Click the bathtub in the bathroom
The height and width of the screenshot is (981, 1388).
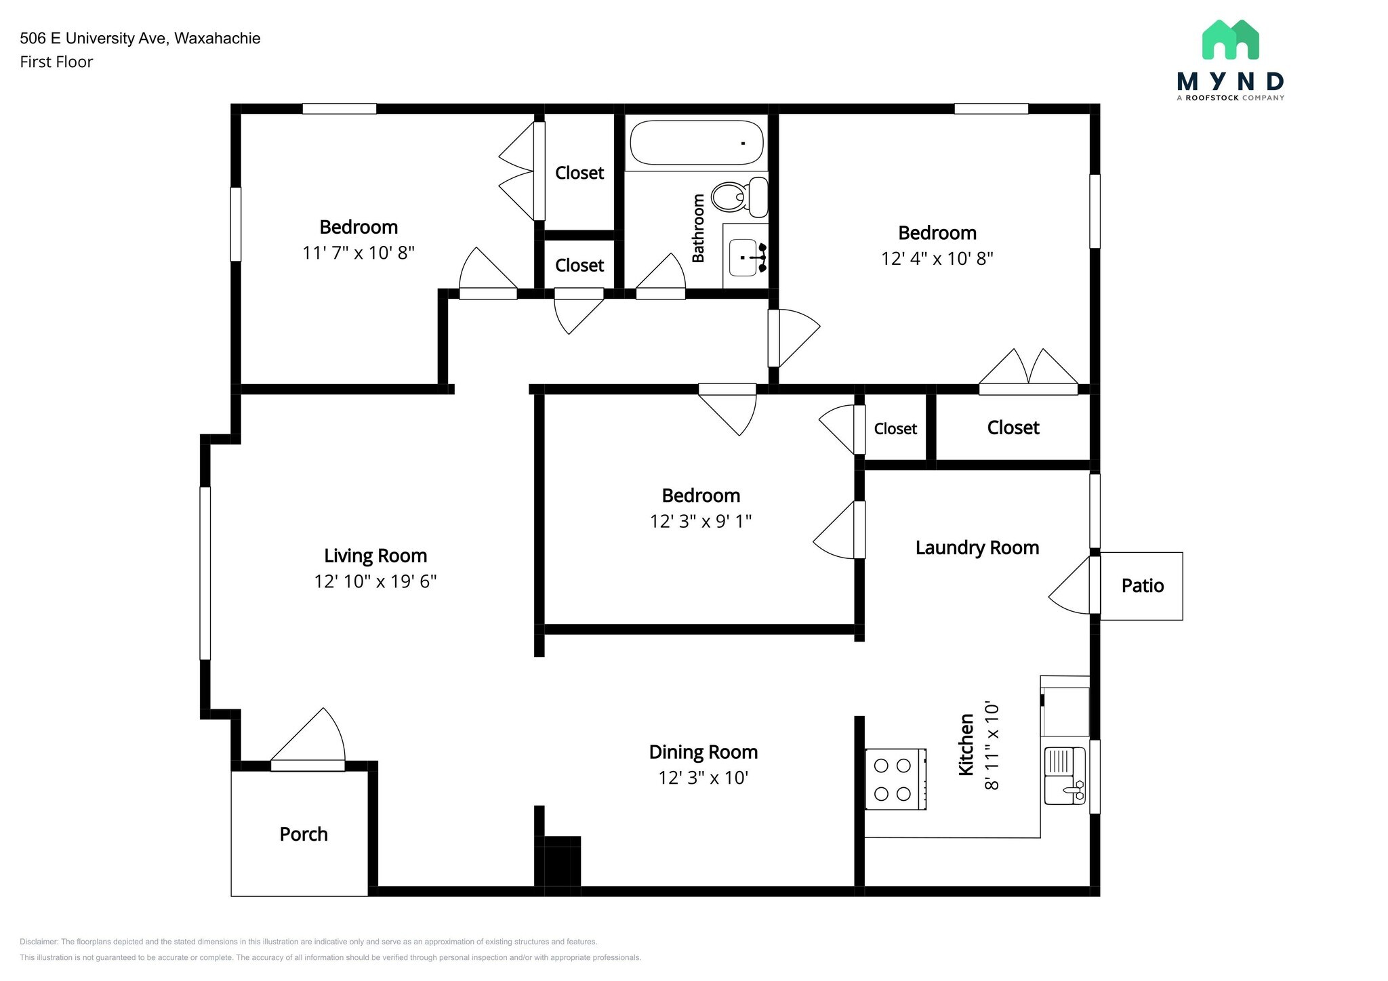pos(697,142)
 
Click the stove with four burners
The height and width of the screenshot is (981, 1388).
pos(895,779)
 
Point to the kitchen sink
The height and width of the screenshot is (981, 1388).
pos(1065,776)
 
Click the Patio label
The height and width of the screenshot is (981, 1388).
pos(1143,586)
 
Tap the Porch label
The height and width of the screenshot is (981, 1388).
pos(304,834)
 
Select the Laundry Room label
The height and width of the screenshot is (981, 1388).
pos(977,547)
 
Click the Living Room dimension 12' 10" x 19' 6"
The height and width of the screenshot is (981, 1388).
pos(375,581)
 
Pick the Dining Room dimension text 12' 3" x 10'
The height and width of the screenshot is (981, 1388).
pos(703,778)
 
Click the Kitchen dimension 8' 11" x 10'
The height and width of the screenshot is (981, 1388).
pos(992,745)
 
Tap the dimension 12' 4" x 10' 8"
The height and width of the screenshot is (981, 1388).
pos(937,258)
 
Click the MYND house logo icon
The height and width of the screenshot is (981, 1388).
pos(1230,39)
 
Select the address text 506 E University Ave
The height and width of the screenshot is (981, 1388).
pos(92,38)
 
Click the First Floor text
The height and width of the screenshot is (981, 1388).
pos(56,62)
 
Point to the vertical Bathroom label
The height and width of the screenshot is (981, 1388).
pos(698,228)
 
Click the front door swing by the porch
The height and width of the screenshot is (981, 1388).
pos(308,738)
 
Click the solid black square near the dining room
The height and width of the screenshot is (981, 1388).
pos(563,862)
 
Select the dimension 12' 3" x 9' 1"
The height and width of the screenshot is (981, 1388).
pos(701,521)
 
